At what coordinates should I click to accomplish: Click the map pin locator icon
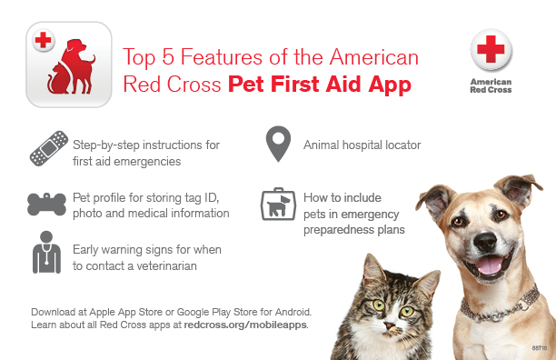[276, 144]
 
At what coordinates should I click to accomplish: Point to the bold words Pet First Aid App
[319, 85]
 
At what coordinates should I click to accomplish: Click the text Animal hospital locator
[362, 145]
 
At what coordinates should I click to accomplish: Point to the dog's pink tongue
[491, 266]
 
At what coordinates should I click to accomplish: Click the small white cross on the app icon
[42, 40]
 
